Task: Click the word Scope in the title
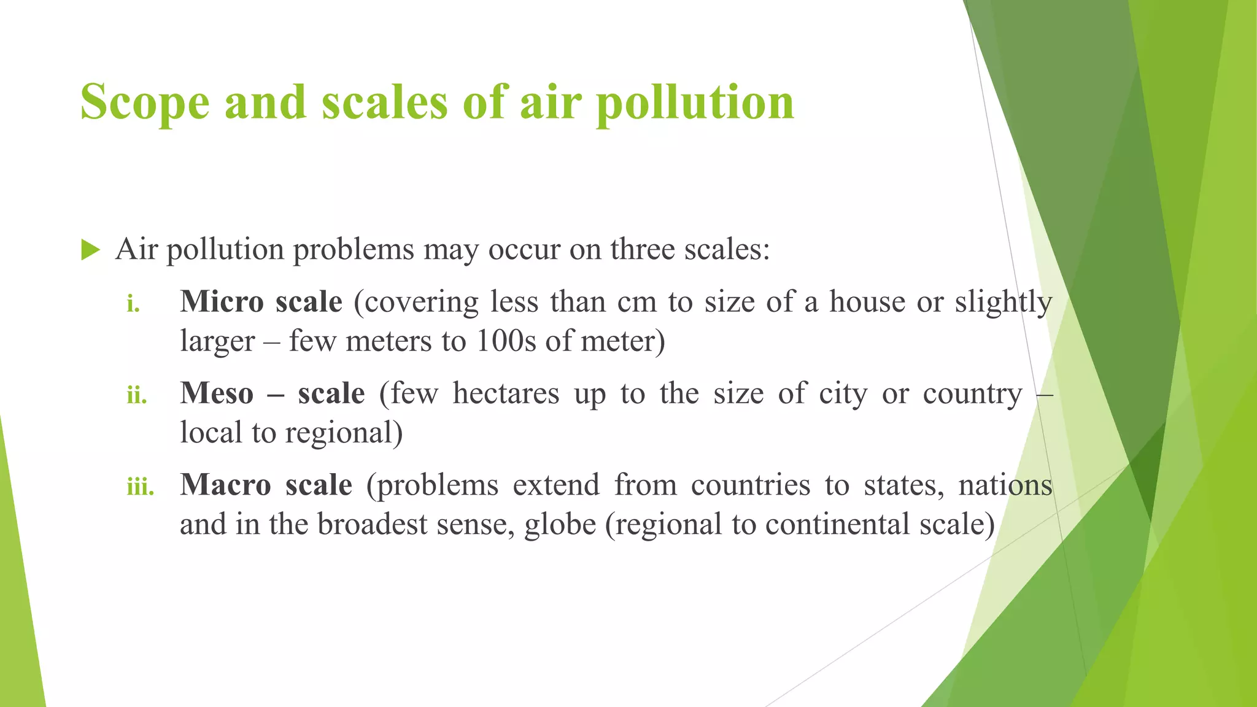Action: tap(145, 103)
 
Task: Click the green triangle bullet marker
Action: tap(90, 250)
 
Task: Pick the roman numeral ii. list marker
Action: tap(137, 395)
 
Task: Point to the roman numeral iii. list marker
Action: tap(141, 487)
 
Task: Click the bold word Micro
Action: tap(222, 302)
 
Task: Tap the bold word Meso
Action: tap(217, 393)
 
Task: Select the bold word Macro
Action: tap(225, 485)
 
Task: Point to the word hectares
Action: tap(506, 393)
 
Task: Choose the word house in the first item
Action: tap(867, 302)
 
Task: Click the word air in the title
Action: tap(550, 103)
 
